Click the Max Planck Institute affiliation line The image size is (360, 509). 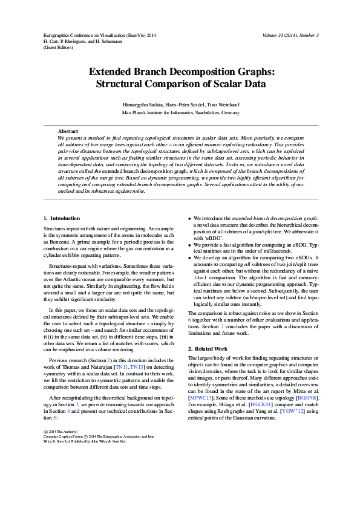pos(180,112)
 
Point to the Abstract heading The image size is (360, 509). pos(68,131)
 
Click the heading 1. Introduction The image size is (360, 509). pos(62,218)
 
